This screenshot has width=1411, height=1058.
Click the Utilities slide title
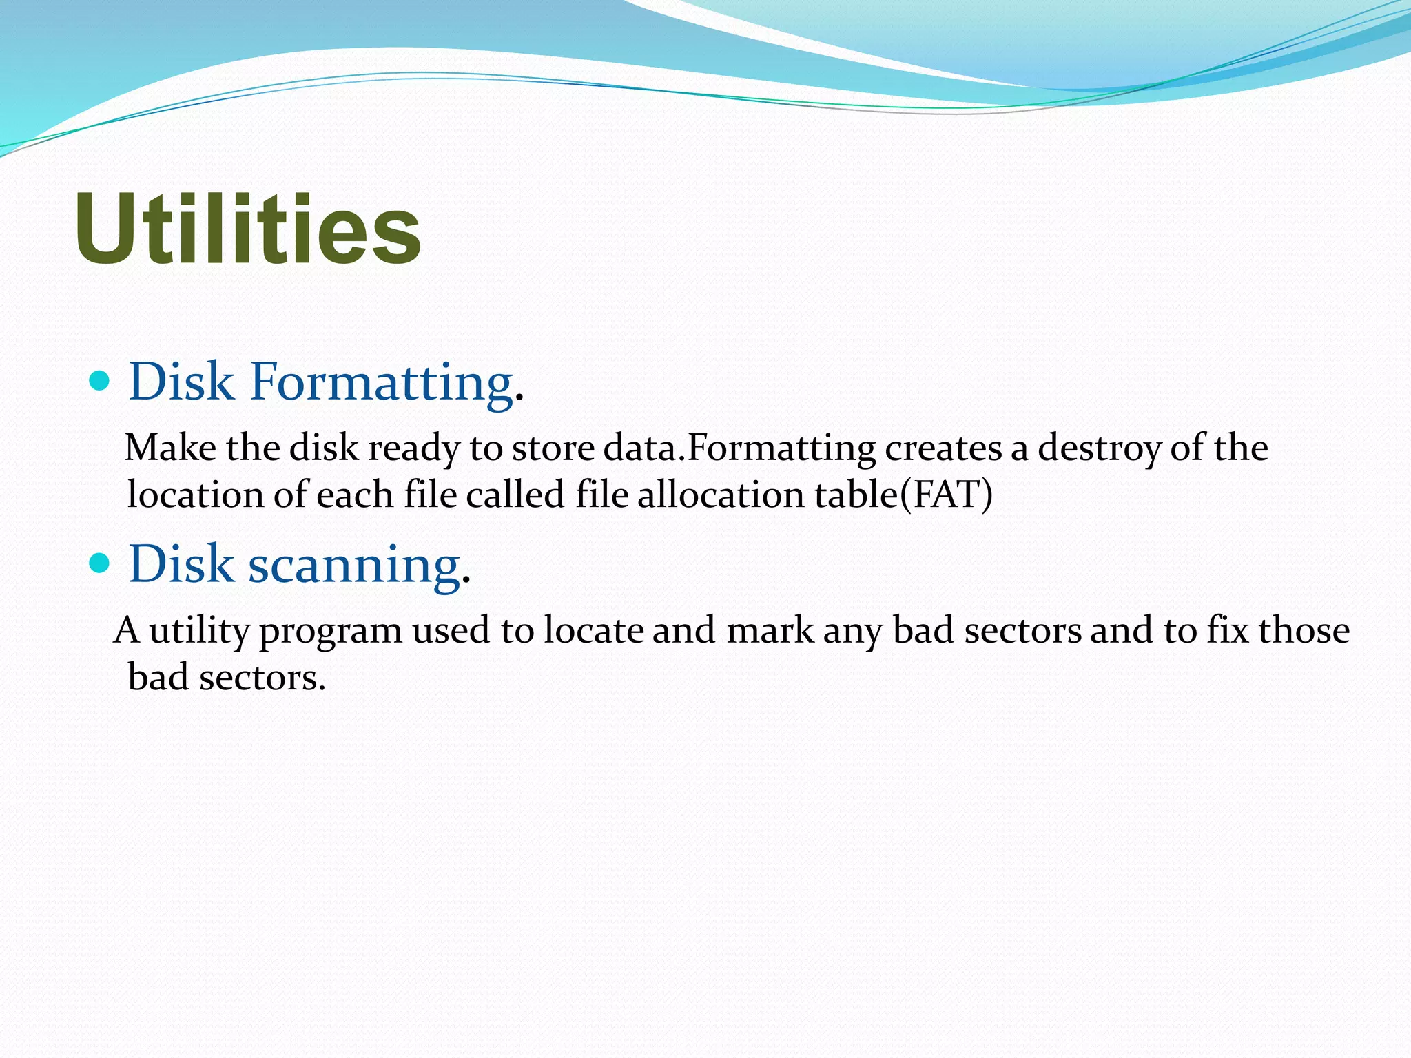tap(248, 229)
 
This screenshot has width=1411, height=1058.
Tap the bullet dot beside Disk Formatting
tap(100, 380)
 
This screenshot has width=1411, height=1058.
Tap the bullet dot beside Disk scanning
tap(100, 563)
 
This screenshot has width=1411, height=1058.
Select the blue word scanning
tap(353, 565)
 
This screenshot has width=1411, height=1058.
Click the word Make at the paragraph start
tap(170, 448)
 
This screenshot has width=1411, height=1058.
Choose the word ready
tap(413, 449)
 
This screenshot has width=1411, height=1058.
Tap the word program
tap(330, 632)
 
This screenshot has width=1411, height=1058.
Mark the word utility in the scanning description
tap(198, 632)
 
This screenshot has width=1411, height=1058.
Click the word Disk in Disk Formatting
tap(181, 381)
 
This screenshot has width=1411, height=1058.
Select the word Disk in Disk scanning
tap(181, 563)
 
